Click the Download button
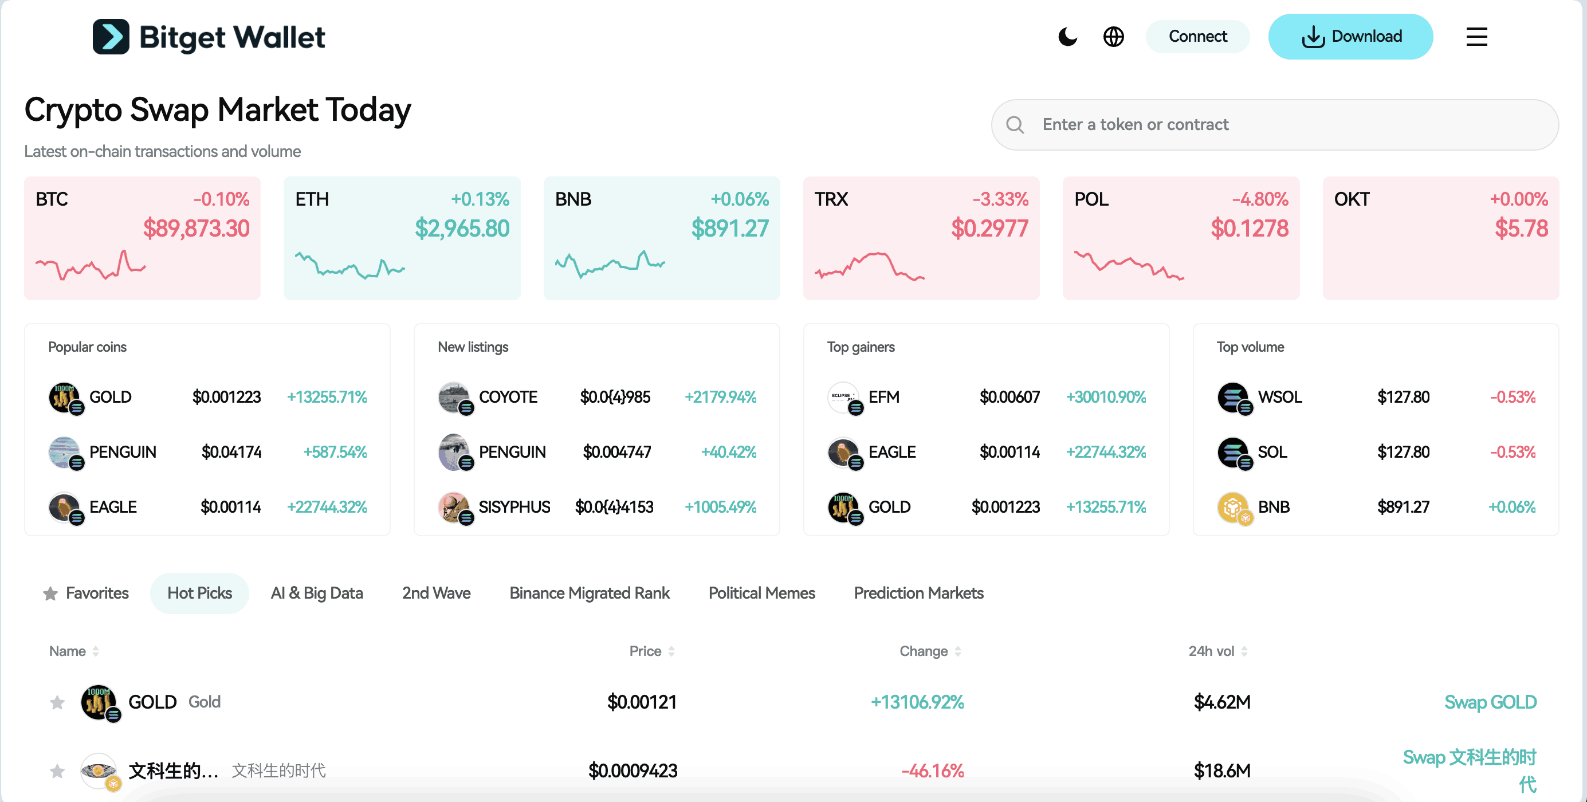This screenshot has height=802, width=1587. click(x=1350, y=37)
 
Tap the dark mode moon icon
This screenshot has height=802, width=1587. click(x=1067, y=37)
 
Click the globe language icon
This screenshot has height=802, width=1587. click(x=1113, y=37)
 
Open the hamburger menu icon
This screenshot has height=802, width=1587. click(x=1476, y=37)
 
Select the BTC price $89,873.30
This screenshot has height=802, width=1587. click(x=196, y=229)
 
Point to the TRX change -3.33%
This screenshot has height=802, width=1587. click(x=1000, y=199)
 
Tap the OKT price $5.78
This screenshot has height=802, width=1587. click(x=1521, y=229)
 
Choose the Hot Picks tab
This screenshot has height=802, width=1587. click(x=199, y=593)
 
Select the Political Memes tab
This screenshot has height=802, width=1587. click(x=761, y=593)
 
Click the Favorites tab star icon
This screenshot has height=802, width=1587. click(x=50, y=594)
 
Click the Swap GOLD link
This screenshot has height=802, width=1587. click(x=1490, y=702)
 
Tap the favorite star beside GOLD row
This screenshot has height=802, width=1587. click(x=57, y=702)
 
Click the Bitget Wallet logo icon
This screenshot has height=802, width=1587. click(x=111, y=37)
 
